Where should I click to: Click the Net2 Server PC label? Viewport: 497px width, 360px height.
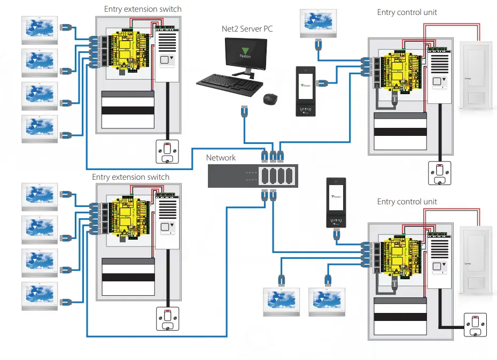pos(246,28)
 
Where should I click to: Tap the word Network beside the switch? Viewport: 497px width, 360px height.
pos(221,157)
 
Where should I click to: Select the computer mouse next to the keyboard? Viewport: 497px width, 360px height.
pos(271,99)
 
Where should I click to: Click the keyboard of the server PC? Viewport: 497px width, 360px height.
pos(228,85)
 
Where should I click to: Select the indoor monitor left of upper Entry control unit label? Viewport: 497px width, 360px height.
pos(319,22)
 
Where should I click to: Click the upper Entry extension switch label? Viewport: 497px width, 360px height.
pos(143,9)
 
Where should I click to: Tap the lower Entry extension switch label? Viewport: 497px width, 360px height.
pos(131,177)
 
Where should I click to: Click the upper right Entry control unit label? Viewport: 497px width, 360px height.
pos(407,12)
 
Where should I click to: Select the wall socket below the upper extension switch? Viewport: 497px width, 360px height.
pos(167,151)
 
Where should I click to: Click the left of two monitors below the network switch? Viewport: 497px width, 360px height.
pos(282,301)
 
